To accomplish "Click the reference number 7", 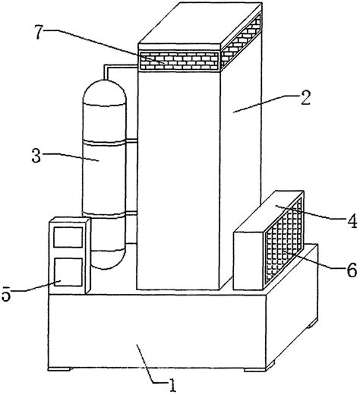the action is [39, 32].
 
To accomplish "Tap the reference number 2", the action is [305, 97].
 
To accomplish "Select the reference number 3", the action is [36, 155].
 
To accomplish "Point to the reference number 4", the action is [352, 220].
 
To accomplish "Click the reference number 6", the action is [352, 270].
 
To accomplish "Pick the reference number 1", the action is [172, 385].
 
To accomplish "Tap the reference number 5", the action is [6, 294].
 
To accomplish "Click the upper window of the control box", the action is [68, 237].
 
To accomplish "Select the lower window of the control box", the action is [68, 272].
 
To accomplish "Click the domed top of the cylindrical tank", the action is [104, 92].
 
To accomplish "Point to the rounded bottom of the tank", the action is [109, 260].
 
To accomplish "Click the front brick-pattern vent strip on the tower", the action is [179, 61].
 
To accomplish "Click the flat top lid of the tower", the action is [200, 24].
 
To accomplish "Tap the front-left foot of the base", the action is [60, 369].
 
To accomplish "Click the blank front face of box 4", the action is [249, 261].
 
